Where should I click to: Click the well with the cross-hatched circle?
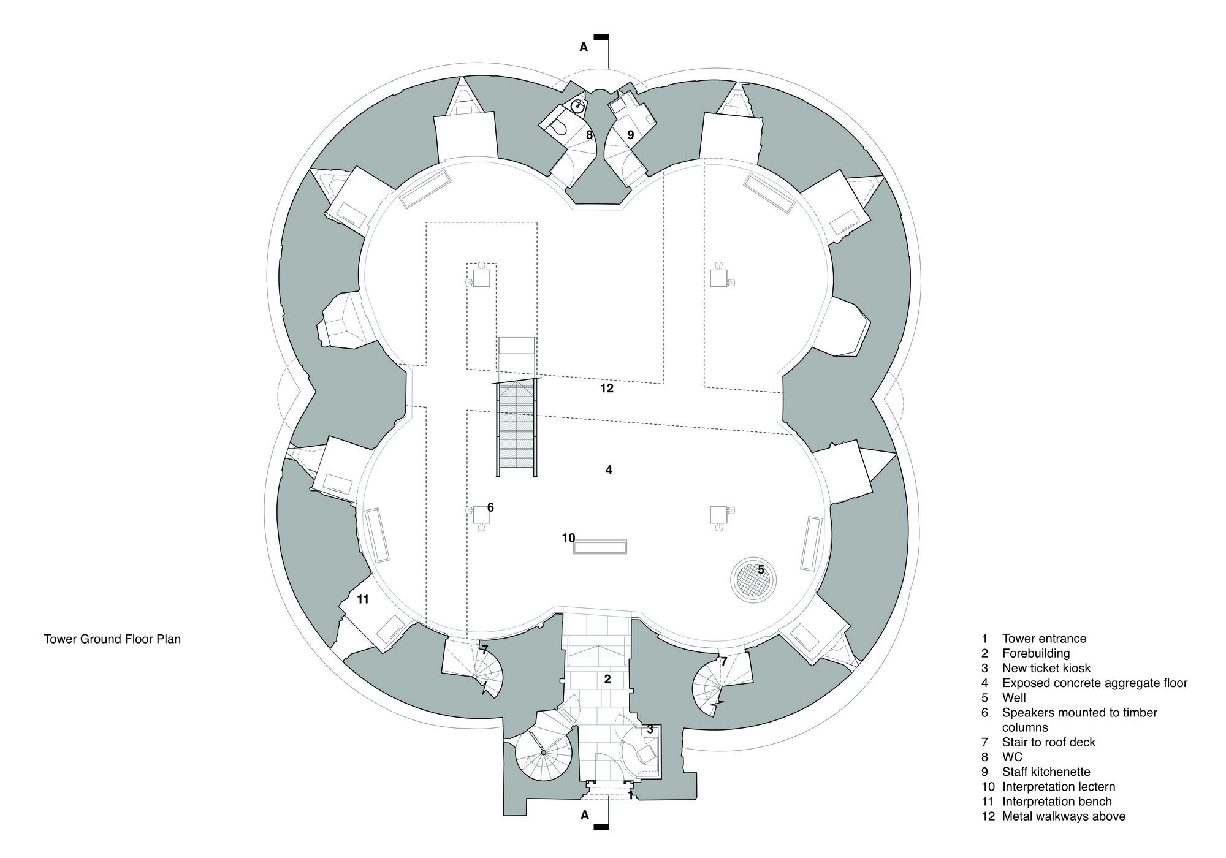[753, 580]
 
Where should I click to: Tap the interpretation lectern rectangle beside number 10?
[600, 547]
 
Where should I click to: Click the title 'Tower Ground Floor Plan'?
[112, 639]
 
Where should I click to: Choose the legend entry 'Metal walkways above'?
[1064, 816]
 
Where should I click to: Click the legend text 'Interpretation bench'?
[1057, 802]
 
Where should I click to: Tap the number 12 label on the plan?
[607, 388]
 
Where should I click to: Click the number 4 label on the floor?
[609, 470]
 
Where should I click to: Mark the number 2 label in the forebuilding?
[607, 679]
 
